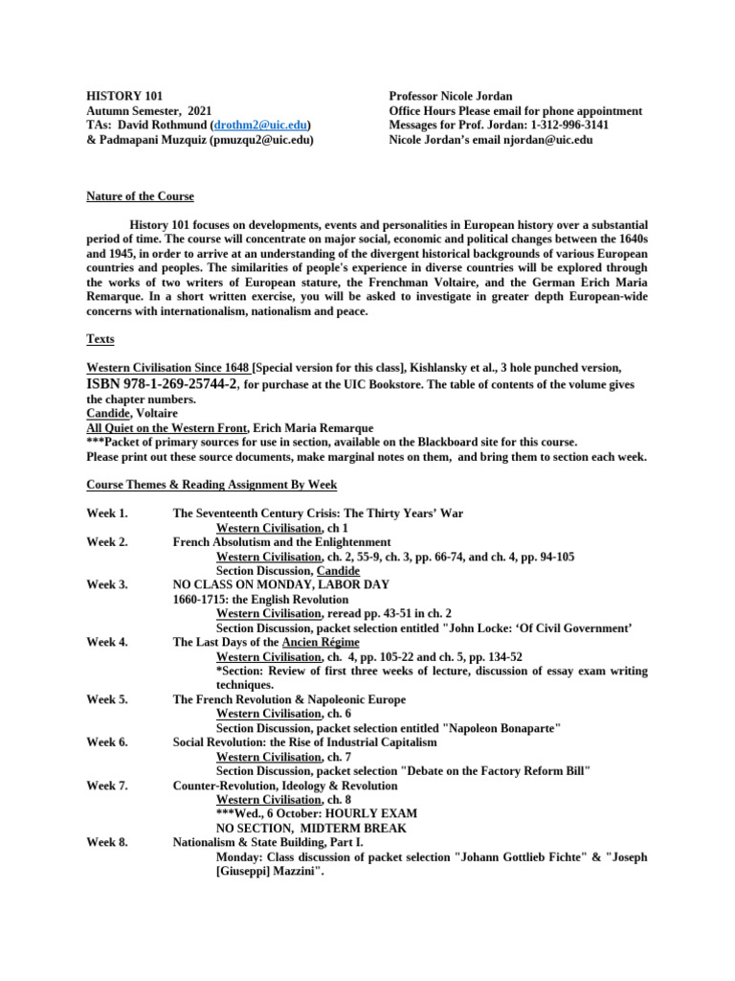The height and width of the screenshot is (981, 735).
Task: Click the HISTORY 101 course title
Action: pyautogui.click(x=124, y=97)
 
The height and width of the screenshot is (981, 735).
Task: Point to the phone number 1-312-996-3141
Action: pyautogui.click(x=564, y=125)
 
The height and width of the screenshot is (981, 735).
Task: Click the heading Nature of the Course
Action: pyautogui.click(x=140, y=196)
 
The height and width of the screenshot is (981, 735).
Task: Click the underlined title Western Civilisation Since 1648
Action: pyautogui.click(x=168, y=368)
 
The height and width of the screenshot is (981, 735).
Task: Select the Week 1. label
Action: pyautogui.click(x=107, y=513)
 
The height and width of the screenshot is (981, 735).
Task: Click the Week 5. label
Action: pyautogui.click(x=107, y=699)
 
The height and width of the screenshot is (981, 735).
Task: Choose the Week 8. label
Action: pyautogui.click(x=107, y=842)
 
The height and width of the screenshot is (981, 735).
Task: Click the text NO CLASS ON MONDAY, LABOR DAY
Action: pyautogui.click(x=281, y=584)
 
